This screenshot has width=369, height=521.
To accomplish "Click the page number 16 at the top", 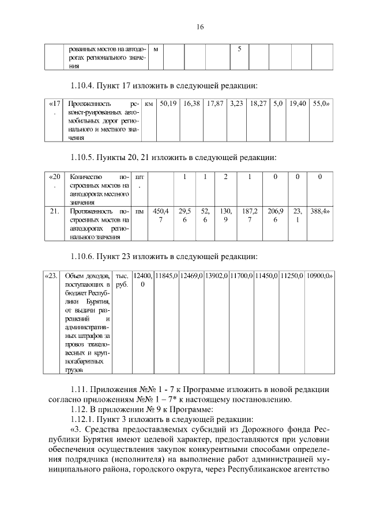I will point(200,27).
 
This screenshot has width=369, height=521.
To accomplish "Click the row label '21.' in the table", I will point(55,211).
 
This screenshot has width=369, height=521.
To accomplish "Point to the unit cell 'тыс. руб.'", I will point(122,279).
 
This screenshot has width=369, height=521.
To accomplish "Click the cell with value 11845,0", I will point(166,275).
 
